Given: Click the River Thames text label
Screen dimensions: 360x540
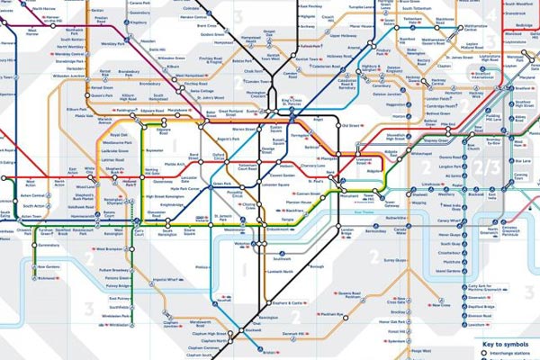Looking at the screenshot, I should click(x=364, y=212).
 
